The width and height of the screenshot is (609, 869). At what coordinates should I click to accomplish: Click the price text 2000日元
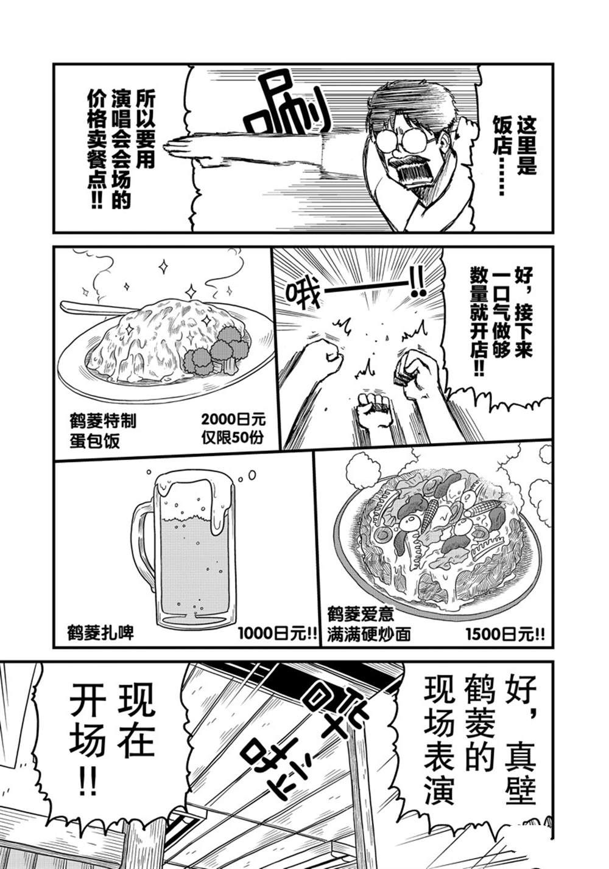233,420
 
